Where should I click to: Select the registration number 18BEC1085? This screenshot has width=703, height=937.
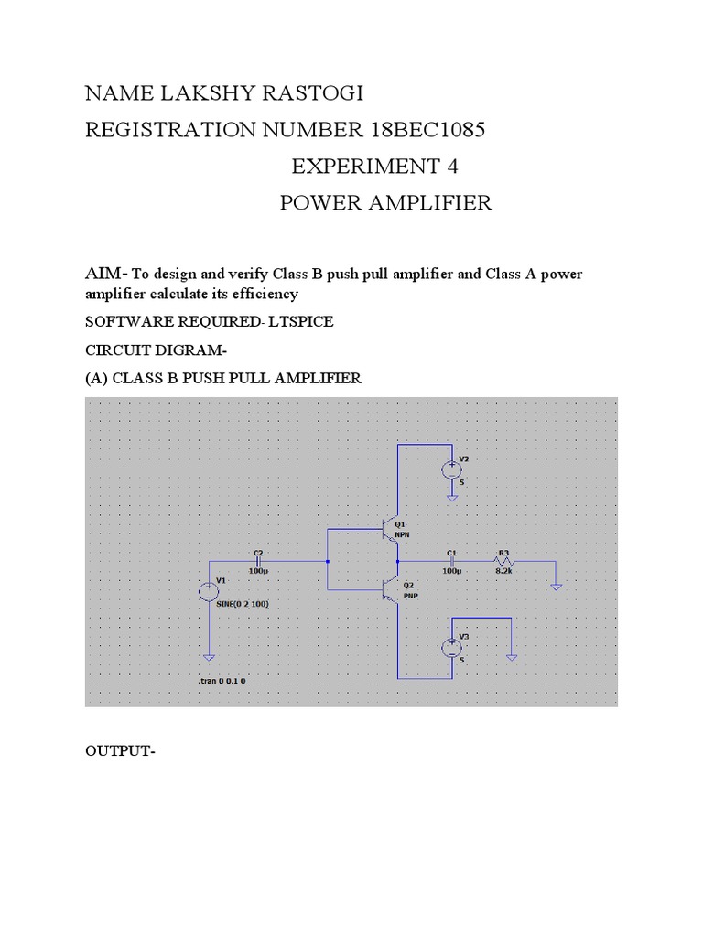(427, 131)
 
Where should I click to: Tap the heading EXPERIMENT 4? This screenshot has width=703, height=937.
(374, 167)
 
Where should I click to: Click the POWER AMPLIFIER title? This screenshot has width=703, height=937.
(385, 203)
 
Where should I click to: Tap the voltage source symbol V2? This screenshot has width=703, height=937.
(451, 470)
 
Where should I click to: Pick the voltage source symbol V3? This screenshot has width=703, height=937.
(451, 648)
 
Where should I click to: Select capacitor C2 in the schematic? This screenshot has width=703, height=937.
(258, 560)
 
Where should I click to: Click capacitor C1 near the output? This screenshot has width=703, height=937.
(452, 560)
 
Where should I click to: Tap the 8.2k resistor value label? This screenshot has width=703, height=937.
(503, 570)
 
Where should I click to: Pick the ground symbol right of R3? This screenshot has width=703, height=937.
(556, 586)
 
